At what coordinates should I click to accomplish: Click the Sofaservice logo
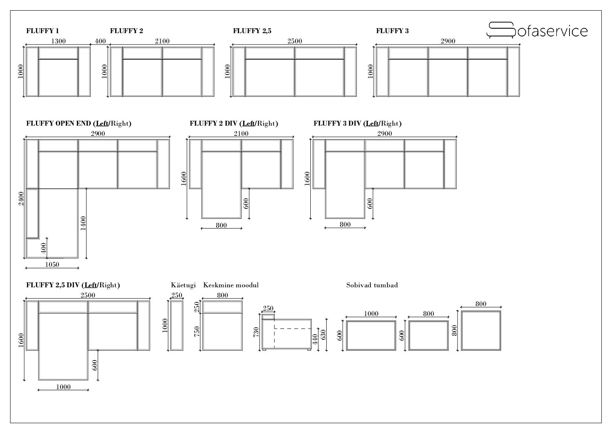pos(537,30)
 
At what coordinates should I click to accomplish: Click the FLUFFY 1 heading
pos(43,31)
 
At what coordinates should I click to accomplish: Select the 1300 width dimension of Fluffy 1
pos(58,41)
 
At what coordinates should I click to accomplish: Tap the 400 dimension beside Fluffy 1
pos(100,41)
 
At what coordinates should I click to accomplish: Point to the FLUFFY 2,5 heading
pos(252,31)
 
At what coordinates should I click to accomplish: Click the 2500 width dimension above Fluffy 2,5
pos(294,41)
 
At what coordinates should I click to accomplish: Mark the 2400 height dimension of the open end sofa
pos(21,198)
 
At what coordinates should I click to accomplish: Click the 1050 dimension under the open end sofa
pos(52,264)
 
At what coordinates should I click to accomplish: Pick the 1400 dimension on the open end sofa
pos(83,223)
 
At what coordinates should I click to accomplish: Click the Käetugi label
pos(183,285)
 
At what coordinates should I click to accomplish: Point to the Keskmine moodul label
pos(231,285)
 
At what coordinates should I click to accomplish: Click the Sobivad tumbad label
pos(372,285)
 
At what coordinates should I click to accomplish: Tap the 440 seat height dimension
pos(315,340)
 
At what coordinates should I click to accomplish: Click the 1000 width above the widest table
pos(371,313)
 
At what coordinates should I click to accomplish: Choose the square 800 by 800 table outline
pos(481,331)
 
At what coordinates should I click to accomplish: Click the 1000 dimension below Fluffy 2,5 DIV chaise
pos(63,387)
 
